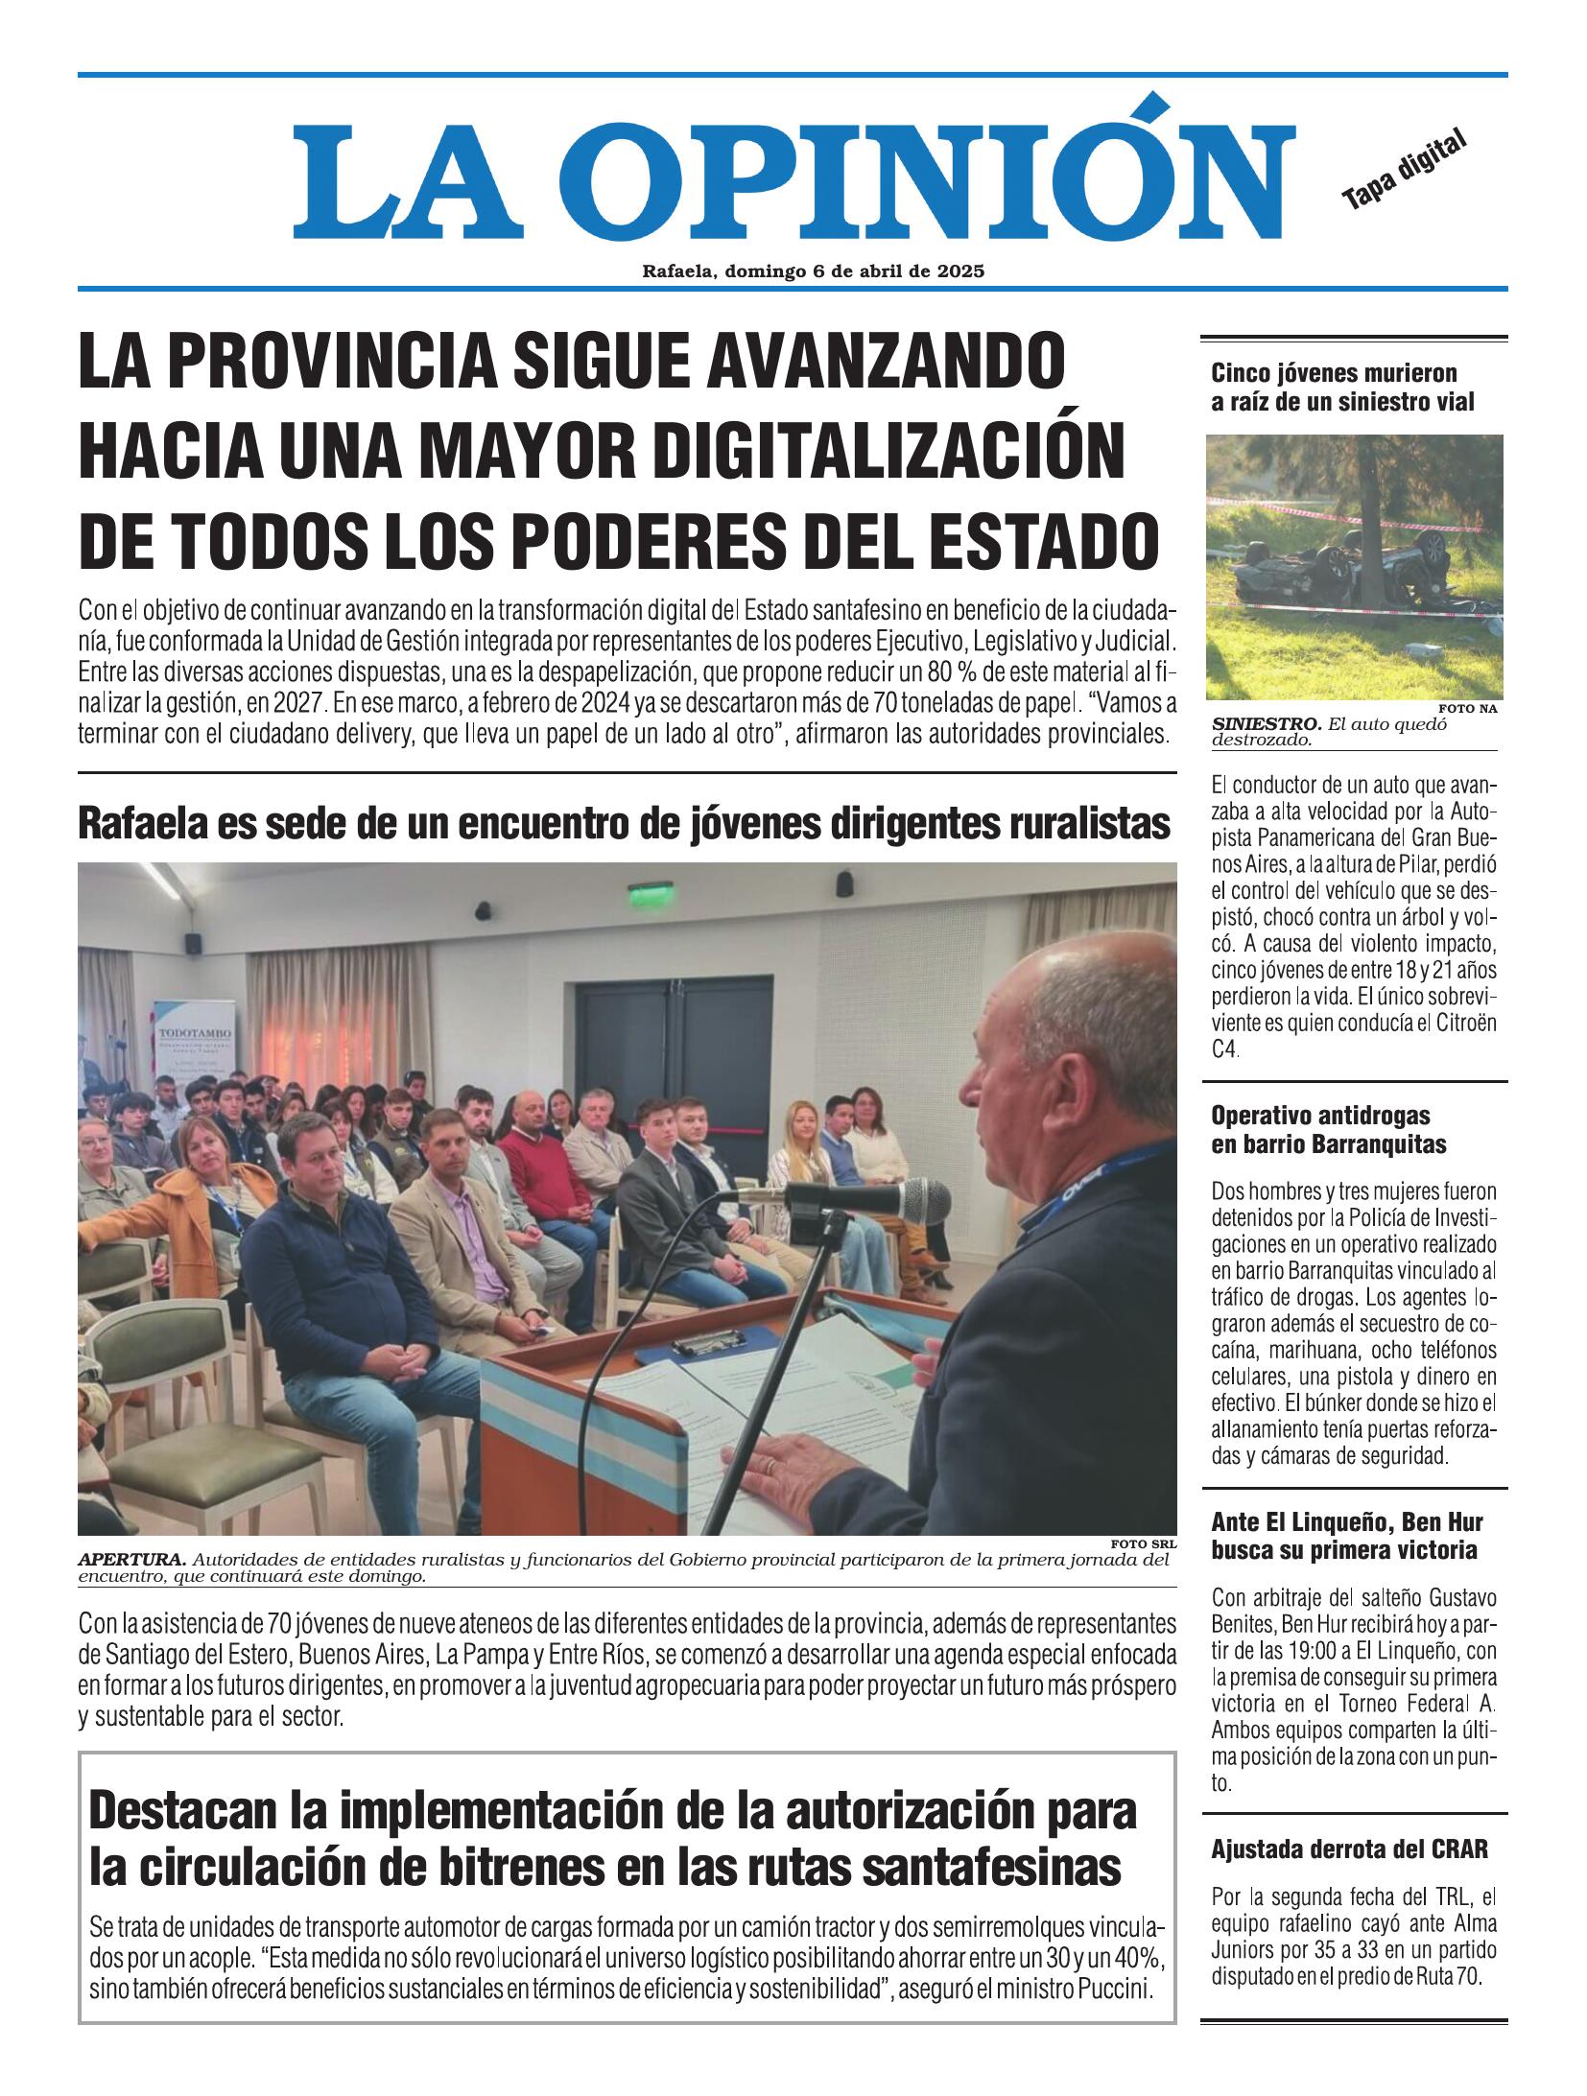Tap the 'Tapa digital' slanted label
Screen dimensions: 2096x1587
tap(1405, 170)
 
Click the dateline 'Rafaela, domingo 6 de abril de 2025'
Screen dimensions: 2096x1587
tap(814, 271)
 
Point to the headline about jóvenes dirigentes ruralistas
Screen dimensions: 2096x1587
tap(624, 823)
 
